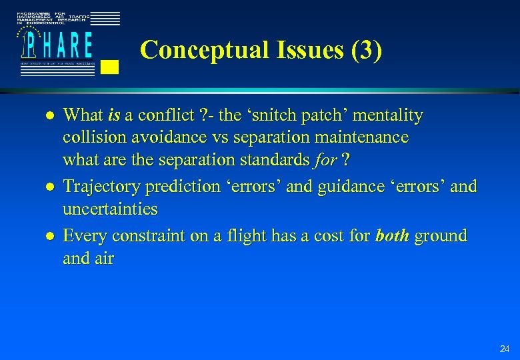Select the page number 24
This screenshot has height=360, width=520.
503,349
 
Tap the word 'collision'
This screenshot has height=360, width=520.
91,138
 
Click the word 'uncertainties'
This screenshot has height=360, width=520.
110,209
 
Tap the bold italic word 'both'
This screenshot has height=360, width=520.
392,236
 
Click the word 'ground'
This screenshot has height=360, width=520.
441,236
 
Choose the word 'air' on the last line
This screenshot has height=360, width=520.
105,258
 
